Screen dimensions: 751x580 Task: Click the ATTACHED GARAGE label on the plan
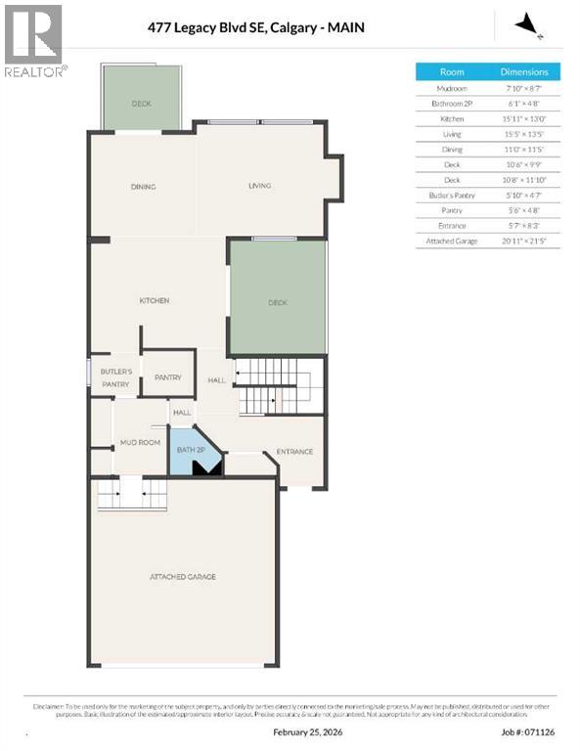click(x=183, y=577)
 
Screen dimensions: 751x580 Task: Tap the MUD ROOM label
click(x=140, y=443)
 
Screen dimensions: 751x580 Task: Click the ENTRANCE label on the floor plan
click(x=294, y=452)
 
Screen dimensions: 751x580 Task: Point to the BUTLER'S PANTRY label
click(x=115, y=378)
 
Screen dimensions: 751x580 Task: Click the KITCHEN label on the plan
click(x=155, y=300)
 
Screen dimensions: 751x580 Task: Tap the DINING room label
click(x=144, y=187)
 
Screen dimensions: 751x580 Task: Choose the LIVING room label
click(x=259, y=186)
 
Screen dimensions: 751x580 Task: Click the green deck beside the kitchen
click(x=278, y=302)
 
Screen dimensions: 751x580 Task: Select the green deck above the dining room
click(x=142, y=102)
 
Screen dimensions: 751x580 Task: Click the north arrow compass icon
click(x=528, y=23)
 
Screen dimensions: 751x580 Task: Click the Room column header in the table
click(x=452, y=72)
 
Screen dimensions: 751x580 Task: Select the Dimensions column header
click(x=524, y=72)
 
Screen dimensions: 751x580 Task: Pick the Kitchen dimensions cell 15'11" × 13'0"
click(x=524, y=118)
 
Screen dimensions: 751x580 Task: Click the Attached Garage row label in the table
click(x=452, y=241)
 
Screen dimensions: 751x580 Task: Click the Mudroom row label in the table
click(x=452, y=88)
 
